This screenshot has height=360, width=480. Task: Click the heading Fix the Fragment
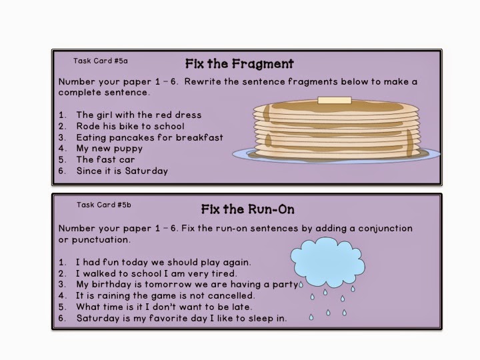coord(239,64)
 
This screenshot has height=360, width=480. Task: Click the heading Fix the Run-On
coord(247,209)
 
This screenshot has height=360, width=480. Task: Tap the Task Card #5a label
coord(101,61)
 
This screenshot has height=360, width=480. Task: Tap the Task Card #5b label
coord(104,205)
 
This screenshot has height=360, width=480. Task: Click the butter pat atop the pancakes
coord(335,101)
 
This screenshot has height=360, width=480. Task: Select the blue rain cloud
coord(327,262)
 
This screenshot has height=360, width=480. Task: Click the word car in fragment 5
coord(127,160)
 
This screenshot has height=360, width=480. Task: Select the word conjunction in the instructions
coord(385,229)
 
